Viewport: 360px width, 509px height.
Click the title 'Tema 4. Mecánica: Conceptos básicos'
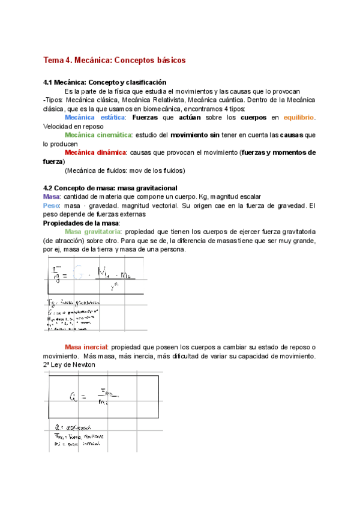[115, 60]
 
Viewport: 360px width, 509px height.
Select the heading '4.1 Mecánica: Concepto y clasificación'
[105, 82]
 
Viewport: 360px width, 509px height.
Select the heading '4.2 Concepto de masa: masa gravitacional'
[110, 188]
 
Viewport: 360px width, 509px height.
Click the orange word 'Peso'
[52, 206]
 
